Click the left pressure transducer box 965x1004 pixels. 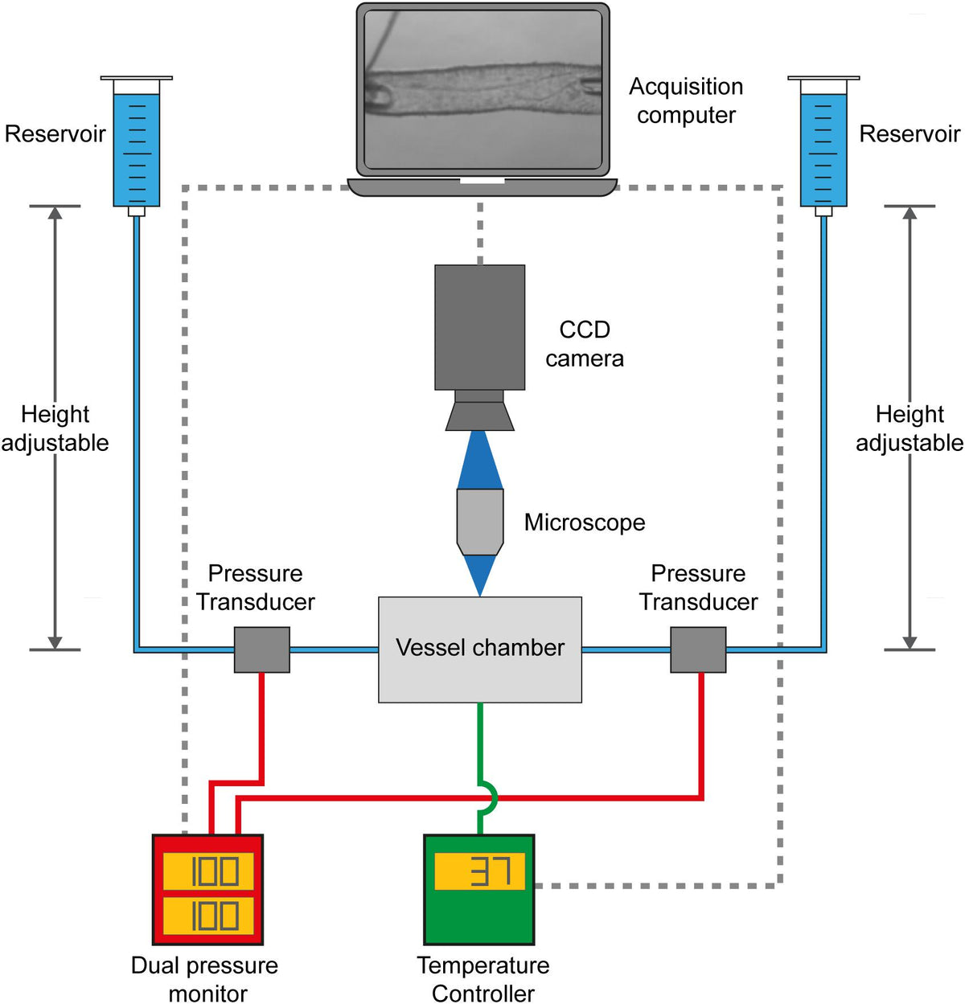coord(261,650)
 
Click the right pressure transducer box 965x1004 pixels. coord(698,650)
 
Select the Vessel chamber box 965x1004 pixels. coord(480,650)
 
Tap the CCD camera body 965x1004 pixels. coord(480,327)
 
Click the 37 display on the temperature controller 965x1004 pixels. coord(479,871)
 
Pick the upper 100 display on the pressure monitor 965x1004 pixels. coord(208,871)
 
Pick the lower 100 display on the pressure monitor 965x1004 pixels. coord(208,916)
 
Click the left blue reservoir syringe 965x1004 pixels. coord(136,145)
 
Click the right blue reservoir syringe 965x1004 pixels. coord(823,145)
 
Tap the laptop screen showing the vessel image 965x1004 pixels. coord(482,89)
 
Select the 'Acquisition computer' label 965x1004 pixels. coord(686,100)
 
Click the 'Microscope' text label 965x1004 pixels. coord(585,522)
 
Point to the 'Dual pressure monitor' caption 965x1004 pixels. coord(205,979)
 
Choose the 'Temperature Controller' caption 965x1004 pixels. coord(483,979)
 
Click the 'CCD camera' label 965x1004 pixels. coord(585,343)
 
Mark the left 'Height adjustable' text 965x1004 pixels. coord(55,428)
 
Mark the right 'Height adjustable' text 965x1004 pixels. coord(910,428)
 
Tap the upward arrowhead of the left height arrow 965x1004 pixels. coord(55,212)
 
